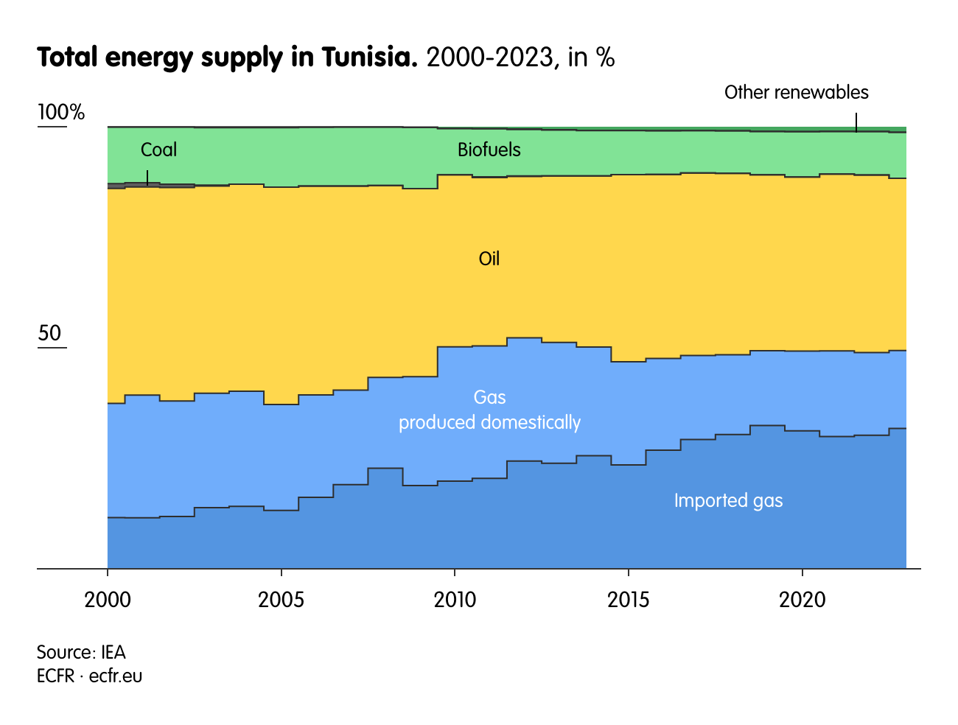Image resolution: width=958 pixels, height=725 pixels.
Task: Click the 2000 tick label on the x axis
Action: tap(108, 600)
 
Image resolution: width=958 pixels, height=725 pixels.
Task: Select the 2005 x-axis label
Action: tap(281, 600)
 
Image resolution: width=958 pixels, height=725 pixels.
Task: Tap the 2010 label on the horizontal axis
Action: tap(455, 600)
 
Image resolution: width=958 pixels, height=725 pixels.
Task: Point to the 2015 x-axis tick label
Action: tap(628, 600)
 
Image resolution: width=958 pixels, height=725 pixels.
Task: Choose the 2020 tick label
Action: tap(802, 600)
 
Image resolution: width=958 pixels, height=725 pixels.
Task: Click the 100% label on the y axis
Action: tap(61, 113)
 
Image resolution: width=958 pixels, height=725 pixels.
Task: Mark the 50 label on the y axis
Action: tap(49, 333)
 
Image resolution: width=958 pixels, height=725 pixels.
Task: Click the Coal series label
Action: tap(158, 150)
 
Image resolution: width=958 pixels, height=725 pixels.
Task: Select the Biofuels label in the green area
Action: tap(489, 150)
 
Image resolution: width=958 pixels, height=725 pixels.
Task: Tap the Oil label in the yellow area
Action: tap(489, 259)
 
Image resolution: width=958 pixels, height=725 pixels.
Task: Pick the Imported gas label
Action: tap(728, 500)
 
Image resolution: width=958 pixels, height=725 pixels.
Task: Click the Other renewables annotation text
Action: tap(796, 92)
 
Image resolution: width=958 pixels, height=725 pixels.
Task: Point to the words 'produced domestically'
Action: tap(489, 422)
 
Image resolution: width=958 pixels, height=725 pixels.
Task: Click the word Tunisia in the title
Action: tap(369, 57)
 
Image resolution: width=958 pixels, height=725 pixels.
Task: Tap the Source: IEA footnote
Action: tap(81, 652)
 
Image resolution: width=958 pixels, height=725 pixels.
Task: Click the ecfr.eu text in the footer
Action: tap(116, 676)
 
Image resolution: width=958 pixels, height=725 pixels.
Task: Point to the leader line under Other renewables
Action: tap(856, 122)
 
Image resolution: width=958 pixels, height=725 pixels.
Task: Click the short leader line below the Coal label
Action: tap(147, 178)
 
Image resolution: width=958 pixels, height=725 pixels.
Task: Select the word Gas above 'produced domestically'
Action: tap(489, 397)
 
